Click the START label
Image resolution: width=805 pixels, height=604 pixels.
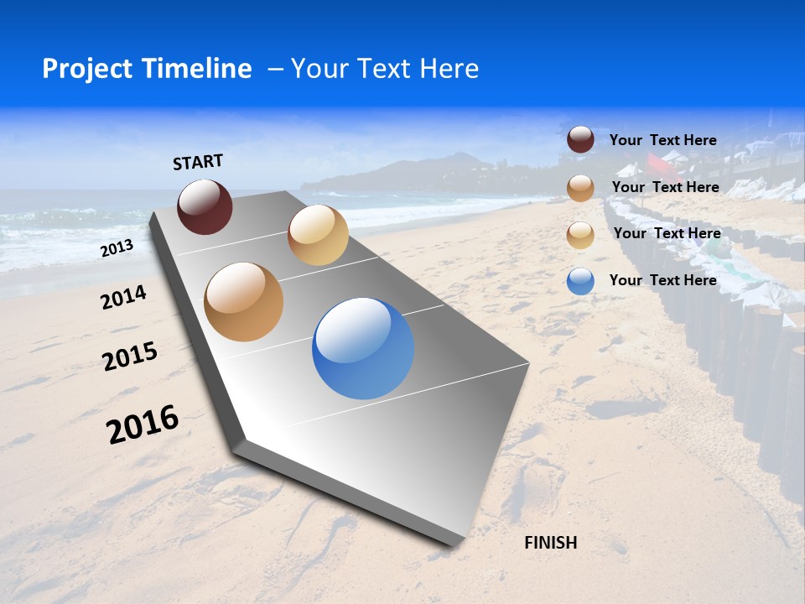tap(198, 162)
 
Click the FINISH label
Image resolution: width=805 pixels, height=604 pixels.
tap(550, 543)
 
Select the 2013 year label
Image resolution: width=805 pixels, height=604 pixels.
tap(117, 248)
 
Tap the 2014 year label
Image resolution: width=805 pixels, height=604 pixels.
tap(123, 297)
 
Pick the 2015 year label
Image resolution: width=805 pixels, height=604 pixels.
tap(130, 357)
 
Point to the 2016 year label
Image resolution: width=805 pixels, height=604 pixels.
tap(143, 424)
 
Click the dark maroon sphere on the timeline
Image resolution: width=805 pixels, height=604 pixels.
tap(205, 206)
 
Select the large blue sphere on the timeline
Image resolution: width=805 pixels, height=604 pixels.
tap(362, 348)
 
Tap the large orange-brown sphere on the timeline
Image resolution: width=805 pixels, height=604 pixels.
tap(243, 302)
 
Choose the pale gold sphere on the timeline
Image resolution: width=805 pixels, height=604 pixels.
tap(318, 235)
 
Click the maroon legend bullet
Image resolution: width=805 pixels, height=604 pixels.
tap(580, 139)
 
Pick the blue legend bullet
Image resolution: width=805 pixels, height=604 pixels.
tap(580, 281)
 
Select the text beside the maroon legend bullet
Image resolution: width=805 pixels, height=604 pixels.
tap(662, 140)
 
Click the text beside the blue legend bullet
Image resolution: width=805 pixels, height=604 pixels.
tap(662, 280)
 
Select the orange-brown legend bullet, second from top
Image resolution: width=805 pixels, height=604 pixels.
tap(580, 188)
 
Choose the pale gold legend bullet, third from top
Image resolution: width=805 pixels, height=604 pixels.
tap(580, 235)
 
